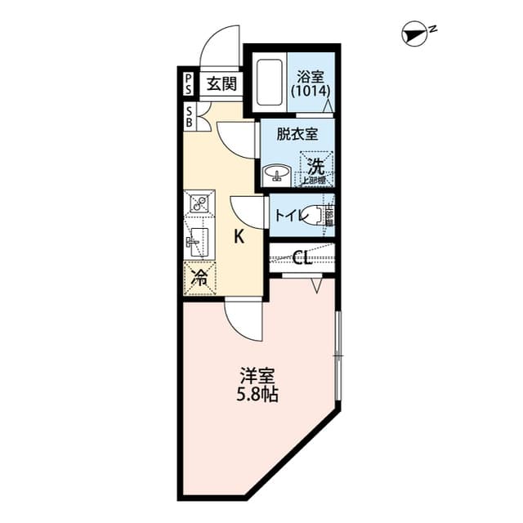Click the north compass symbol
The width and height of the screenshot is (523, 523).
[x=416, y=34]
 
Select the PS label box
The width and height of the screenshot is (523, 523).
[x=189, y=83]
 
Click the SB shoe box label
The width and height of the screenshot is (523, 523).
[x=189, y=116]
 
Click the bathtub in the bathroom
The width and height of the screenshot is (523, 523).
[x=268, y=83]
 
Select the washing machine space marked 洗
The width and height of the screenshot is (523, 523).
[x=316, y=166]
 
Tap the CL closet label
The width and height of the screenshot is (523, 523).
[x=301, y=259]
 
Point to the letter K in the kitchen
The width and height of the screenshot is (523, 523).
[x=239, y=238]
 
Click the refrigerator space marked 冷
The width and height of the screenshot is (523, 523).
[x=199, y=278]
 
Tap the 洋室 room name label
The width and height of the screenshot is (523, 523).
[x=257, y=377]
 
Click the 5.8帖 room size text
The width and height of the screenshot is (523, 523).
[x=257, y=396]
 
